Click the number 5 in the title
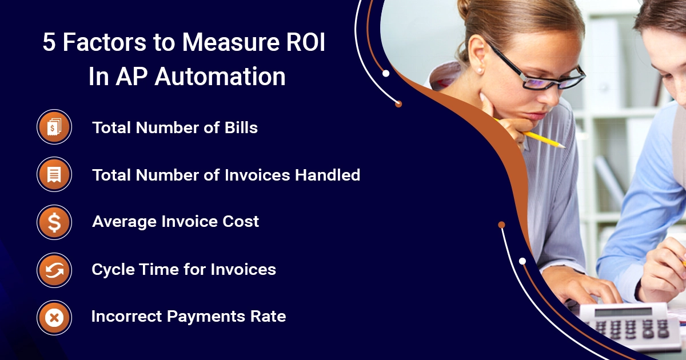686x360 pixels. point(50,45)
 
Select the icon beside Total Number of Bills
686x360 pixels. point(54,127)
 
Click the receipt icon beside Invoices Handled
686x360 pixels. point(54,174)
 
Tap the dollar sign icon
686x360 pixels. point(54,222)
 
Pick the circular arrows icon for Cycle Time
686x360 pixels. point(54,270)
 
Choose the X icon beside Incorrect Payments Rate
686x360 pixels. point(54,317)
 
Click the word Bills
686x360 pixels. point(240,127)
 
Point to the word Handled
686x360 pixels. point(328,175)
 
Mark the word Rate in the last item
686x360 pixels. point(269,316)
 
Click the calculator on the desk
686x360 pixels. point(629,326)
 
